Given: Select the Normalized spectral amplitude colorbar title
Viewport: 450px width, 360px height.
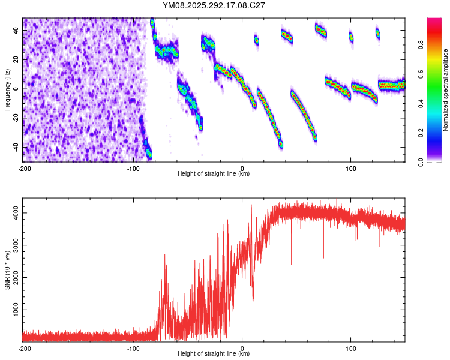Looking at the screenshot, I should click(x=446, y=91).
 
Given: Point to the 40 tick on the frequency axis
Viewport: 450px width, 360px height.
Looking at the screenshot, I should click(x=17, y=31).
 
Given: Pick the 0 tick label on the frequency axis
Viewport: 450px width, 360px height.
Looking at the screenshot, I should click(x=19, y=89).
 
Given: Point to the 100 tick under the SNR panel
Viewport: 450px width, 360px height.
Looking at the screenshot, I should click(x=351, y=348).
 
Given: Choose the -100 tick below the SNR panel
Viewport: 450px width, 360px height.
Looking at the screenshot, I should click(x=133, y=348).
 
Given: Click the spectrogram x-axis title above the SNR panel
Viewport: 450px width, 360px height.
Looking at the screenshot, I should click(x=214, y=174).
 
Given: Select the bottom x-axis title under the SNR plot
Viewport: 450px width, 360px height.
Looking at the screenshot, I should click(x=214, y=355).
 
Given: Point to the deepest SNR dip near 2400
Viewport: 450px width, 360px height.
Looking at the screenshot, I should click(x=292, y=263).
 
